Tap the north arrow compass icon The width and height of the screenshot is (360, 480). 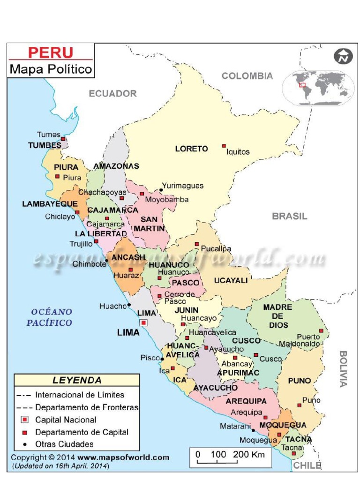point(343,56)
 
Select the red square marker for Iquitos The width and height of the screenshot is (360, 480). point(224,146)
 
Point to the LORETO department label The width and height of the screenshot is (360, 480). point(191,149)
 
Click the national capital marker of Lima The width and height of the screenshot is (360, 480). point(143,322)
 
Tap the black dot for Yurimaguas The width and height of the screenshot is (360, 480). point(161,190)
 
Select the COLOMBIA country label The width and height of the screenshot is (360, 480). point(247,76)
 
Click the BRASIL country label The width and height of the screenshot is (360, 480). point(290,216)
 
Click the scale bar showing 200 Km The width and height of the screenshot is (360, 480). point(229,457)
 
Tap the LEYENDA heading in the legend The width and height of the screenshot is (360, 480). point(77,380)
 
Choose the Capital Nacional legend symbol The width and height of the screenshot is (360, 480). point(25,420)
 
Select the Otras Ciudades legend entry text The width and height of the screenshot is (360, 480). point(64,444)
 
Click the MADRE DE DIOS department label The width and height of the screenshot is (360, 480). point(278,316)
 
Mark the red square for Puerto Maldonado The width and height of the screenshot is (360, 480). point(321,331)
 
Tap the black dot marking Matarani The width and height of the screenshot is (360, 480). point(253,430)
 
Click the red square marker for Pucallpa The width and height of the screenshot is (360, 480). point(197,244)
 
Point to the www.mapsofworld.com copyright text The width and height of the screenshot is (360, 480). point(123,457)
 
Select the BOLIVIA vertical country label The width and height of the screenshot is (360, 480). point(343,368)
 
